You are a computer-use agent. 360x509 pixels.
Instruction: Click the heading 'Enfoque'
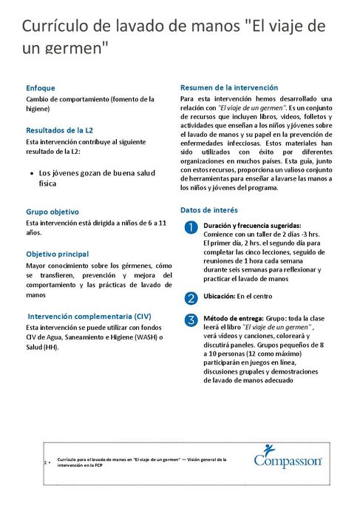click(40, 87)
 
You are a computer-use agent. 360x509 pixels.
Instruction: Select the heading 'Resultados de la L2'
click(59, 129)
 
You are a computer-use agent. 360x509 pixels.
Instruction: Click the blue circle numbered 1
click(191, 226)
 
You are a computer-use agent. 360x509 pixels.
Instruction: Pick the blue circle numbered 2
click(191, 297)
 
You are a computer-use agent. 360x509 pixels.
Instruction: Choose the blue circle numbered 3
click(191, 320)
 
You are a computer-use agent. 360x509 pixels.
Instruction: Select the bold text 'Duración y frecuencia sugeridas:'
click(252, 225)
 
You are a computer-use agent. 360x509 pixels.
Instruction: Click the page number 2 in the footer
click(47, 462)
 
